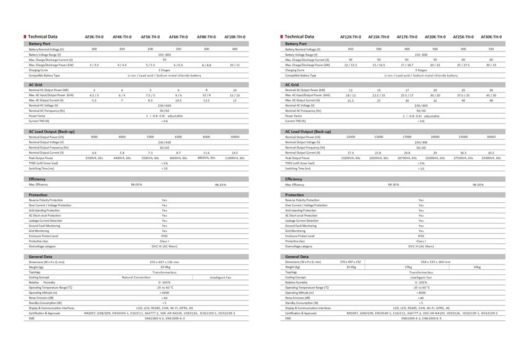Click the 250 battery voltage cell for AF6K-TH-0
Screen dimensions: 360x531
[178, 49]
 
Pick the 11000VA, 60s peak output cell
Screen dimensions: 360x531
[235, 158]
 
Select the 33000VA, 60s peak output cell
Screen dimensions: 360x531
[491, 158]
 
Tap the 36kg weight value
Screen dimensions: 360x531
[477, 267]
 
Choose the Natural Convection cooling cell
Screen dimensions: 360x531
[136, 277]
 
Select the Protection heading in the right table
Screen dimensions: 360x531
[294, 195]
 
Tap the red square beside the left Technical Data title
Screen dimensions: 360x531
[24, 37]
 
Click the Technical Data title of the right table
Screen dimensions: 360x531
[300, 37]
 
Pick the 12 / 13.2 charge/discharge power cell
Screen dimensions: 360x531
[351, 65]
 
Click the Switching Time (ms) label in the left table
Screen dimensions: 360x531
[42, 168]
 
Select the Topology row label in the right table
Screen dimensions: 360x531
[291, 272]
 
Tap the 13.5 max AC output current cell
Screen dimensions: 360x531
[206, 100]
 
